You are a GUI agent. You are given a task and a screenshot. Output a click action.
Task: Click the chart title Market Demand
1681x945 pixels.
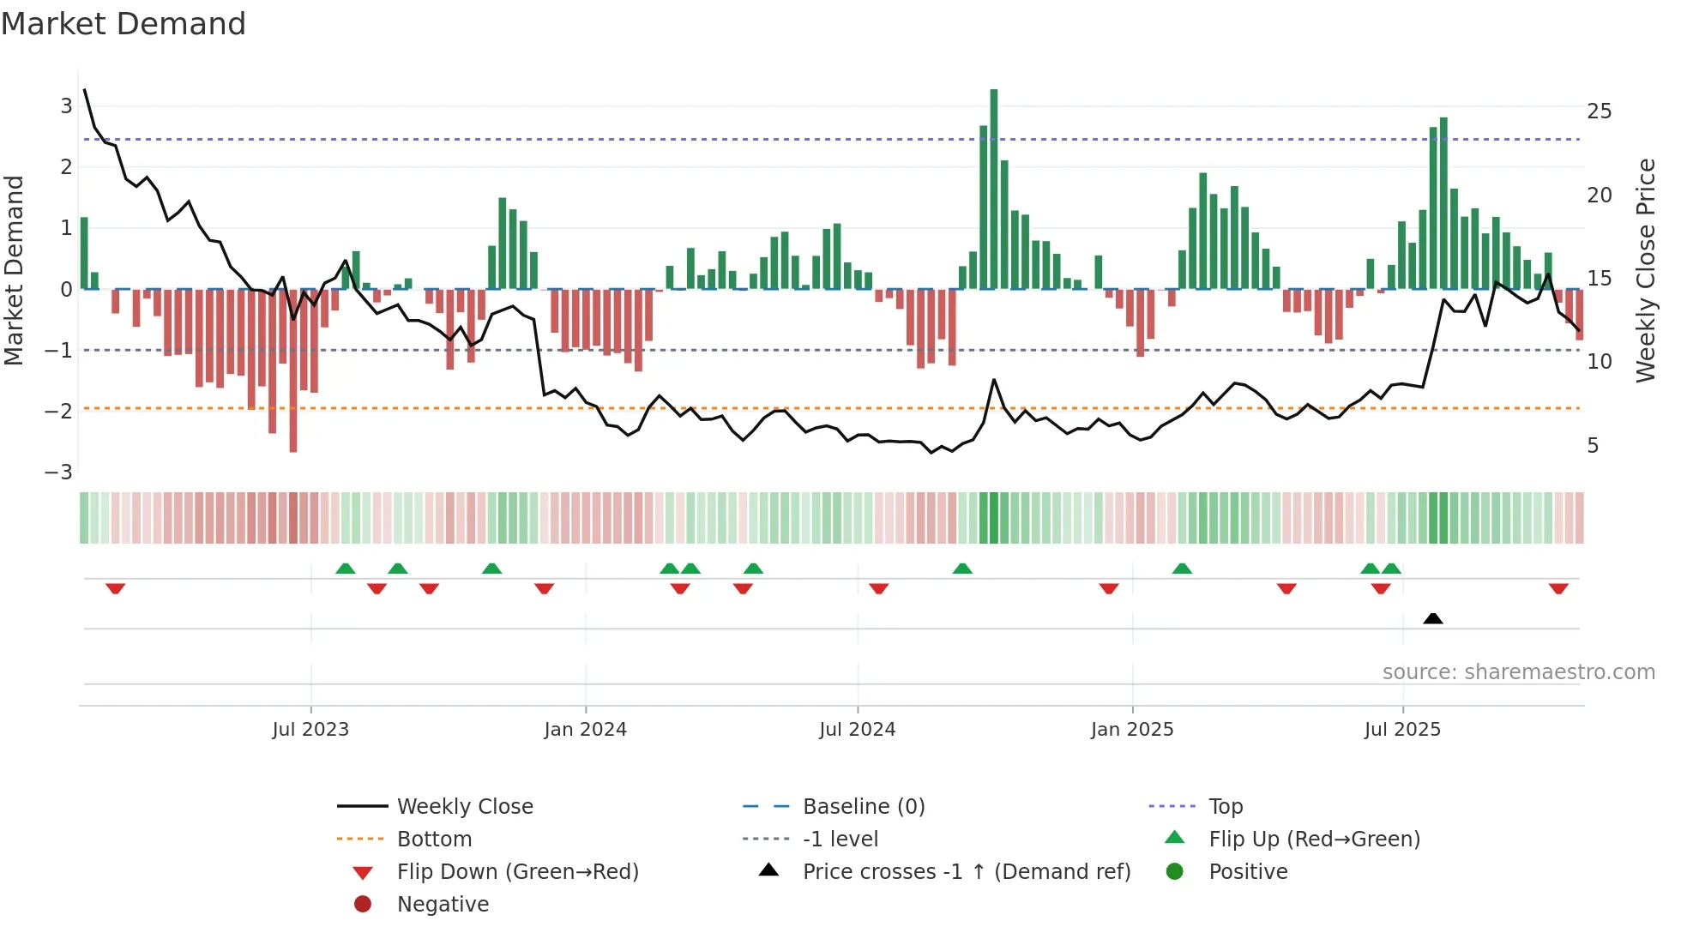pyautogui.click(x=124, y=24)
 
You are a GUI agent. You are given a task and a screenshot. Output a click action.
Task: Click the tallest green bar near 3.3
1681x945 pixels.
pyautogui.click(x=994, y=189)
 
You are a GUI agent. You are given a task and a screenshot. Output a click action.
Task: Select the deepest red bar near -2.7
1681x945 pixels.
pyautogui.click(x=293, y=370)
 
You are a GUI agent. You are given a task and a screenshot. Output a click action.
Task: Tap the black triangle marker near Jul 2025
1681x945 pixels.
pyautogui.click(x=1432, y=618)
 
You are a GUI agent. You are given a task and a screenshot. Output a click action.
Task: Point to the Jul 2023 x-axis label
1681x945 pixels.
pyautogui.click(x=310, y=730)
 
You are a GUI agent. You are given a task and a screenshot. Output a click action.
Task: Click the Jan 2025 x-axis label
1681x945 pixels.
pyautogui.click(x=1132, y=730)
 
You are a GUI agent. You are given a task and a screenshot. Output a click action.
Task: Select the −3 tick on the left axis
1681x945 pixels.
pyautogui.click(x=59, y=472)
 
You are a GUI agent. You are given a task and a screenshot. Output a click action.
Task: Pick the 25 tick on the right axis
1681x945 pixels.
pyautogui.click(x=1599, y=111)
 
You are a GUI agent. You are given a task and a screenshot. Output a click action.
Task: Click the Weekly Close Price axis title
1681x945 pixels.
pyautogui.click(x=1645, y=270)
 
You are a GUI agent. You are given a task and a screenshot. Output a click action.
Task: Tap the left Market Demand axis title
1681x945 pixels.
pyautogui.click(x=15, y=270)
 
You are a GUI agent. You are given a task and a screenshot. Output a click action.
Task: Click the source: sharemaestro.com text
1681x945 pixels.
pyautogui.click(x=1518, y=672)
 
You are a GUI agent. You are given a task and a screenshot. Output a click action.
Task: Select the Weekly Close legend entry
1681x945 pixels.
pyautogui.click(x=465, y=807)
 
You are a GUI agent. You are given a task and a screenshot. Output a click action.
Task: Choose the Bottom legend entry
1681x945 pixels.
pyautogui.click(x=434, y=840)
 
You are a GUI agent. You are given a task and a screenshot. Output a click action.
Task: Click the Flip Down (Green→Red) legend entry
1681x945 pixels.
pyautogui.click(x=517, y=872)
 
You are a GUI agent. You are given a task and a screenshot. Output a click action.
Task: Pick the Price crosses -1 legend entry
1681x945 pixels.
pyautogui.click(x=967, y=872)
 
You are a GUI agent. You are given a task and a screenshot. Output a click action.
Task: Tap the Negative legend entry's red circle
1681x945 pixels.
pyautogui.click(x=363, y=905)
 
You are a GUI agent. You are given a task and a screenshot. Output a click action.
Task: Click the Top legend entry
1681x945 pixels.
pyautogui.click(x=1226, y=807)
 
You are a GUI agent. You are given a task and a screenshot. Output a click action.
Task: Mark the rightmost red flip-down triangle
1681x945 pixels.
pyautogui.click(x=1558, y=588)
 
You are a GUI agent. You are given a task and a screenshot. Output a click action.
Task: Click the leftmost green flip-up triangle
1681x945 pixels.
pyautogui.click(x=346, y=569)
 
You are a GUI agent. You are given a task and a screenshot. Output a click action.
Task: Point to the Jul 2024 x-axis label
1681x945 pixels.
pyautogui.click(x=857, y=730)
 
